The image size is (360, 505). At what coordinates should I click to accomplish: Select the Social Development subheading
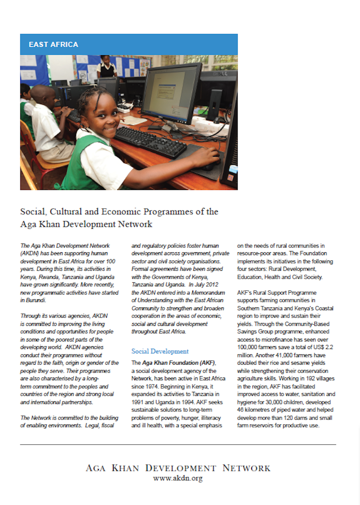[160, 351]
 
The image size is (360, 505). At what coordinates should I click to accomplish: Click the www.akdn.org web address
[178, 478]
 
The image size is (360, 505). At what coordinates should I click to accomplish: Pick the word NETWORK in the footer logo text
[246, 468]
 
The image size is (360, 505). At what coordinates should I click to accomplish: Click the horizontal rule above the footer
[178, 444]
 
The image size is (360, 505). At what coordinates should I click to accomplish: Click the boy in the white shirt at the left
[44, 120]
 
